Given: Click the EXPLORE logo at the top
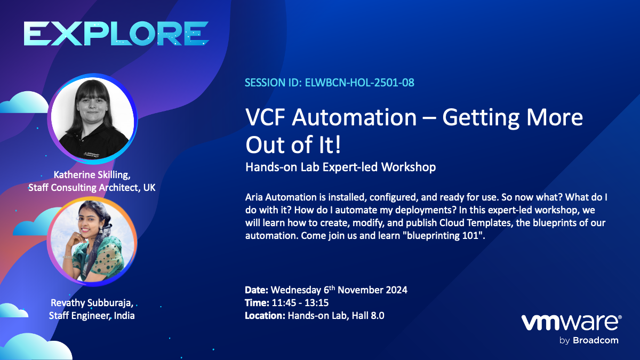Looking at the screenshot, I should pyautogui.click(x=116, y=34).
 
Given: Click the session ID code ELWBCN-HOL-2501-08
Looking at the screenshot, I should pyautogui.click(x=361, y=83).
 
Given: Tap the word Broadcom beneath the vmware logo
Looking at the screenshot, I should pyautogui.click(x=596, y=340).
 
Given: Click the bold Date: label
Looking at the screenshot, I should pyautogui.click(x=257, y=291).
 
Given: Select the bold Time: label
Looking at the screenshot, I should pyautogui.click(x=257, y=303).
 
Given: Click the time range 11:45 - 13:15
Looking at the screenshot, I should pyautogui.click(x=300, y=303).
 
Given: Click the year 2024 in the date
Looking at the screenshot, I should pyautogui.click(x=395, y=291).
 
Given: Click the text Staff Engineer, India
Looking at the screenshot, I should pyautogui.click(x=92, y=316).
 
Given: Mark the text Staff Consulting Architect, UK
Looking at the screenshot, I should pyautogui.click(x=92, y=187).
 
